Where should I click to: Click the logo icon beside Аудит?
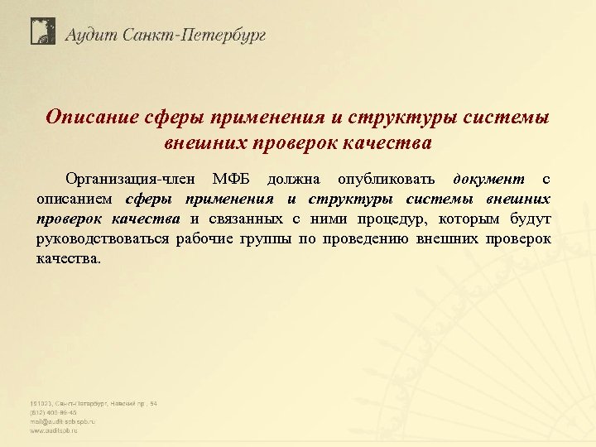coord(42,31)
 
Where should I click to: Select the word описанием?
coord(76,199)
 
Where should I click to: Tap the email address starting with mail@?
coord(63,421)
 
